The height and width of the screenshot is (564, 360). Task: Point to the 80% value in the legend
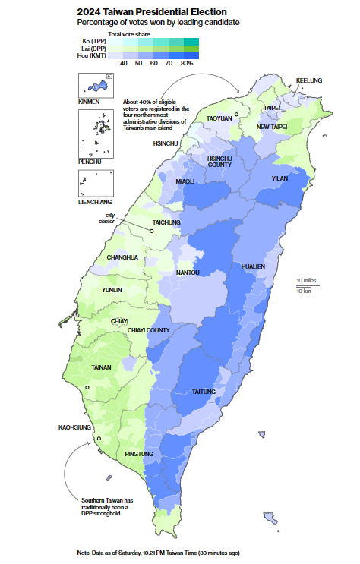click(187, 63)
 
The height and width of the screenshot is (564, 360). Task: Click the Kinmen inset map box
click(95, 86)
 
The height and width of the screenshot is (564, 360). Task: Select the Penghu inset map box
click(95, 133)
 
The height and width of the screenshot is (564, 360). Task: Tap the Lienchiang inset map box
click(95, 184)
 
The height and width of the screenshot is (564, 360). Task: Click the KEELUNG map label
click(308, 80)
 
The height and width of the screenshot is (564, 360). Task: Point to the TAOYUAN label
click(219, 118)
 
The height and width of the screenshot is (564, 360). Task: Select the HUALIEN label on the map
click(253, 266)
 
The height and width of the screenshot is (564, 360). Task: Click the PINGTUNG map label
click(139, 454)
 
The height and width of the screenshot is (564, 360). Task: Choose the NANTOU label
click(188, 272)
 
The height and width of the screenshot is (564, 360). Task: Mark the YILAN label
click(279, 178)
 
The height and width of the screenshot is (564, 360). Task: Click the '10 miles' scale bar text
click(307, 280)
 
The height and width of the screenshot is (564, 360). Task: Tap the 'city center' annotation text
click(111, 219)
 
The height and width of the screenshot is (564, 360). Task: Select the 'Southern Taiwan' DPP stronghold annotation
click(106, 507)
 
